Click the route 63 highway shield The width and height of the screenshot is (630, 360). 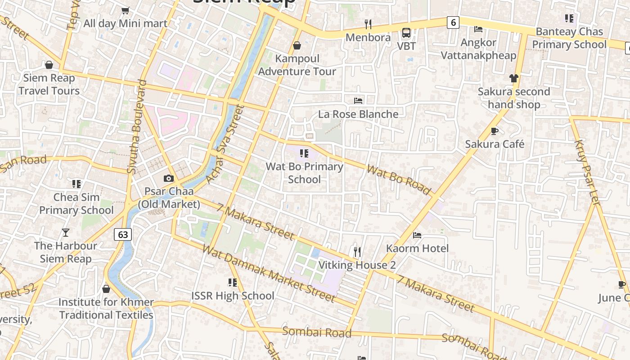[x=123, y=234]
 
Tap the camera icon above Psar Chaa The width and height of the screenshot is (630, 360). [x=169, y=179]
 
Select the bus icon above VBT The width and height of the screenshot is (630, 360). [x=406, y=32]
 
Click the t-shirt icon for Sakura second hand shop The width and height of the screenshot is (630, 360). [x=514, y=78]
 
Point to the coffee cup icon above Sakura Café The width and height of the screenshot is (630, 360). [x=494, y=131]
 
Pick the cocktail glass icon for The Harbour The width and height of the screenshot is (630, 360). [x=66, y=233]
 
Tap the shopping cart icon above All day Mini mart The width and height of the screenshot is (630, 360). [x=126, y=10]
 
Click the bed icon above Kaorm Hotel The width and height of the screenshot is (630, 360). [x=417, y=235]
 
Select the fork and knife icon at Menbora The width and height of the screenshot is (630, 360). [x=368, y=24]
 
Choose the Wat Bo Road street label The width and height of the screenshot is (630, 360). [x=399, y=179]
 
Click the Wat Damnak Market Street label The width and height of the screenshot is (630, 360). [x=269, y=274]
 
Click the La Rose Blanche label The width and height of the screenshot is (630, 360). [x=358, y=114]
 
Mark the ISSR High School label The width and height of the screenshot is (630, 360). [x=233, y=296]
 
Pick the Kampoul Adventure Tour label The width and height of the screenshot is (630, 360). [x=297, y=65]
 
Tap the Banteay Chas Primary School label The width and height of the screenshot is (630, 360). [x=569, y=38]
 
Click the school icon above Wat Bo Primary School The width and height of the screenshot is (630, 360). [x=304, y=153]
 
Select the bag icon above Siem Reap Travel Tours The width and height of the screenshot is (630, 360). [x=49, y=65]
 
